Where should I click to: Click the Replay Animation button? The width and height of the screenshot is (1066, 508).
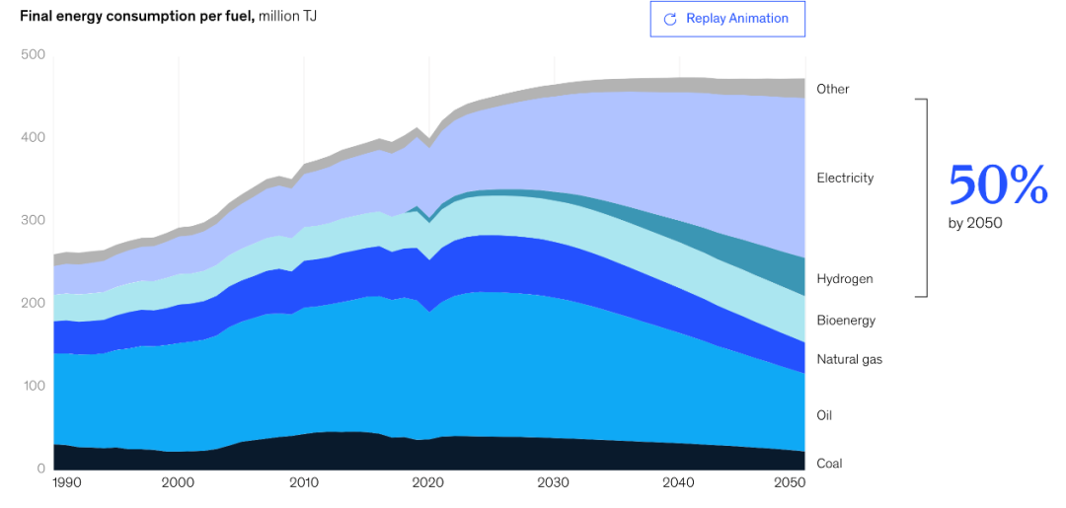[x=727, y=19]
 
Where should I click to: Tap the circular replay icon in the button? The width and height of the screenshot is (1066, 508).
[x=670, y=19]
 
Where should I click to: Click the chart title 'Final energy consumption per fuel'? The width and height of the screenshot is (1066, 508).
[x=136, y=17]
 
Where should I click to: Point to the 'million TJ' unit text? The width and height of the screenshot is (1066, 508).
[x=288, y=17]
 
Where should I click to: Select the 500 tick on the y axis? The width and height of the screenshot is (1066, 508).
[x=33, y=54]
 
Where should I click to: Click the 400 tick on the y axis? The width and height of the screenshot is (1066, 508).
[x=33, y=137]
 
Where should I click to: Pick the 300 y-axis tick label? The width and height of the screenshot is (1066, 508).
[x=33, y=220]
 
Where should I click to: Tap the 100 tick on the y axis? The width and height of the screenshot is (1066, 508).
[x=33, y=386]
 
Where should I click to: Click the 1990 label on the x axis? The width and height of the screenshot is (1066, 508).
[x=66, y=482]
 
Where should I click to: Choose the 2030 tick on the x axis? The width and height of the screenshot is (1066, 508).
[x=554, y=482]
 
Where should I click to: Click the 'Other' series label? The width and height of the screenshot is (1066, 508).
[x=832, y=89]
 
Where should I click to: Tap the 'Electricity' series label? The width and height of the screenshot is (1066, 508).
[x=845, y=178]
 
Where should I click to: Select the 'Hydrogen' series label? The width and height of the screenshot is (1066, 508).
[x=844, y=279]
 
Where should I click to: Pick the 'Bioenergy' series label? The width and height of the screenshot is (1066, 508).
[x=846, y=321]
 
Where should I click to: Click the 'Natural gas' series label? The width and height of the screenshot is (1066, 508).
[x=849, y=359]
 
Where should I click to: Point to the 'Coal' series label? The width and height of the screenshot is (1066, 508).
[x=829, y=463]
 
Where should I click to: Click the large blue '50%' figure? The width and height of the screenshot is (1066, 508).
[x=997, y=185]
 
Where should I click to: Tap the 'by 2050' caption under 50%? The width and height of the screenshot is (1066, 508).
[x=975, y=223]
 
